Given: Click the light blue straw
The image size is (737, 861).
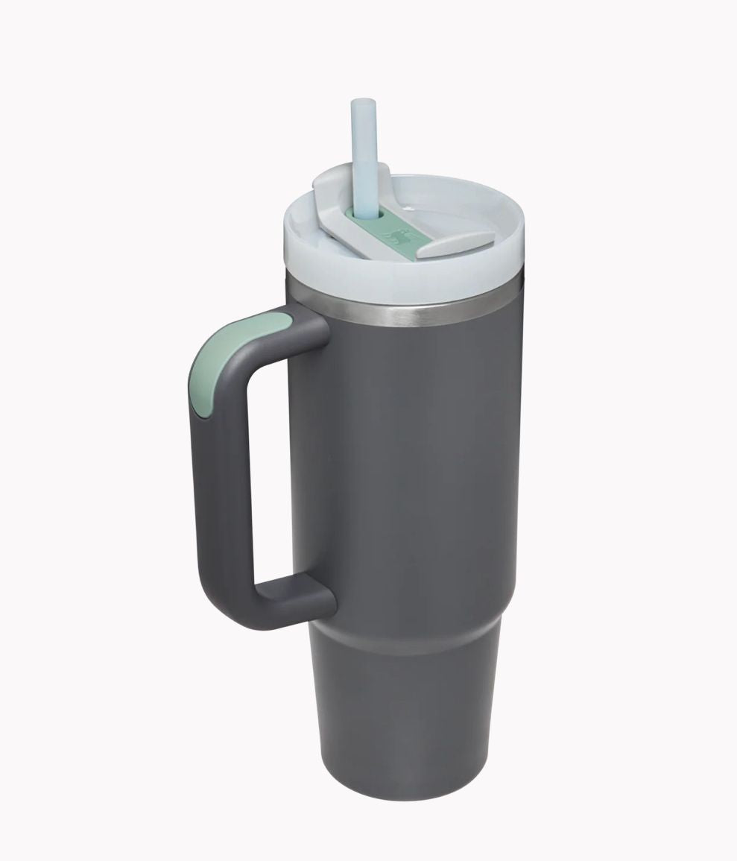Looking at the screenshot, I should pyautogui.click(x=364, y=149).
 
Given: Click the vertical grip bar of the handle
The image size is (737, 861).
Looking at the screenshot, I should pyautogui.click(x=216, y=477).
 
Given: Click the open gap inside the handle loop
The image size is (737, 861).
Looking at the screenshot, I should pyautogui.click(x=272, y=470).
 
